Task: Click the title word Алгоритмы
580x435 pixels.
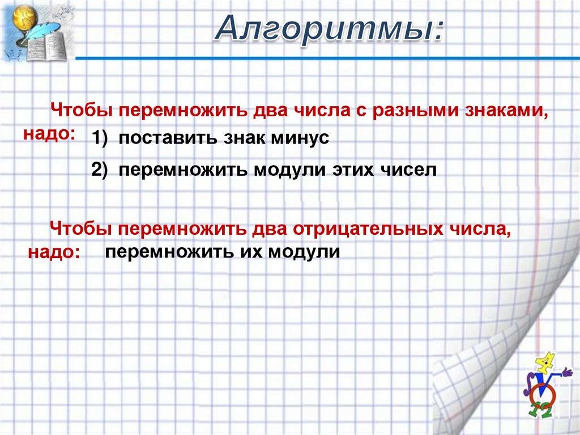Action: click(329, 28)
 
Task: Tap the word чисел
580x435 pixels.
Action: click(409, 170)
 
